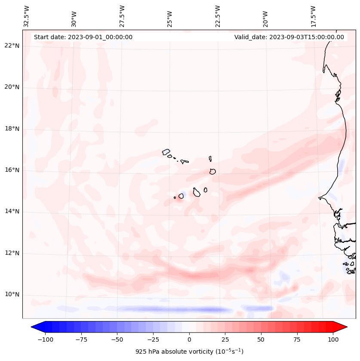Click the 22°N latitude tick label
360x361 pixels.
coord(12,46)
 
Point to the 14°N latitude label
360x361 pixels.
coord(12,211)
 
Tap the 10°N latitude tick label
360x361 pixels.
coord(12,295)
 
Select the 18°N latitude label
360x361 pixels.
coord(12,129)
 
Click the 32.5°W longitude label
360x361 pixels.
coord(27,16)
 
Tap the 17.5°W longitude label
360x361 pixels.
coord(313,16)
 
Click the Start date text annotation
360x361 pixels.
coord(83,37)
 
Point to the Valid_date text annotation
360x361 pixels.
coord(289,37)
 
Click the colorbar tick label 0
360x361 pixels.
coord(189,339)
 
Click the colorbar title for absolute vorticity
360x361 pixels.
coord(189,352)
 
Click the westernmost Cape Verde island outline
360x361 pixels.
coord(166,151)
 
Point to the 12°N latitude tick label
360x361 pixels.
coord(12,253)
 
